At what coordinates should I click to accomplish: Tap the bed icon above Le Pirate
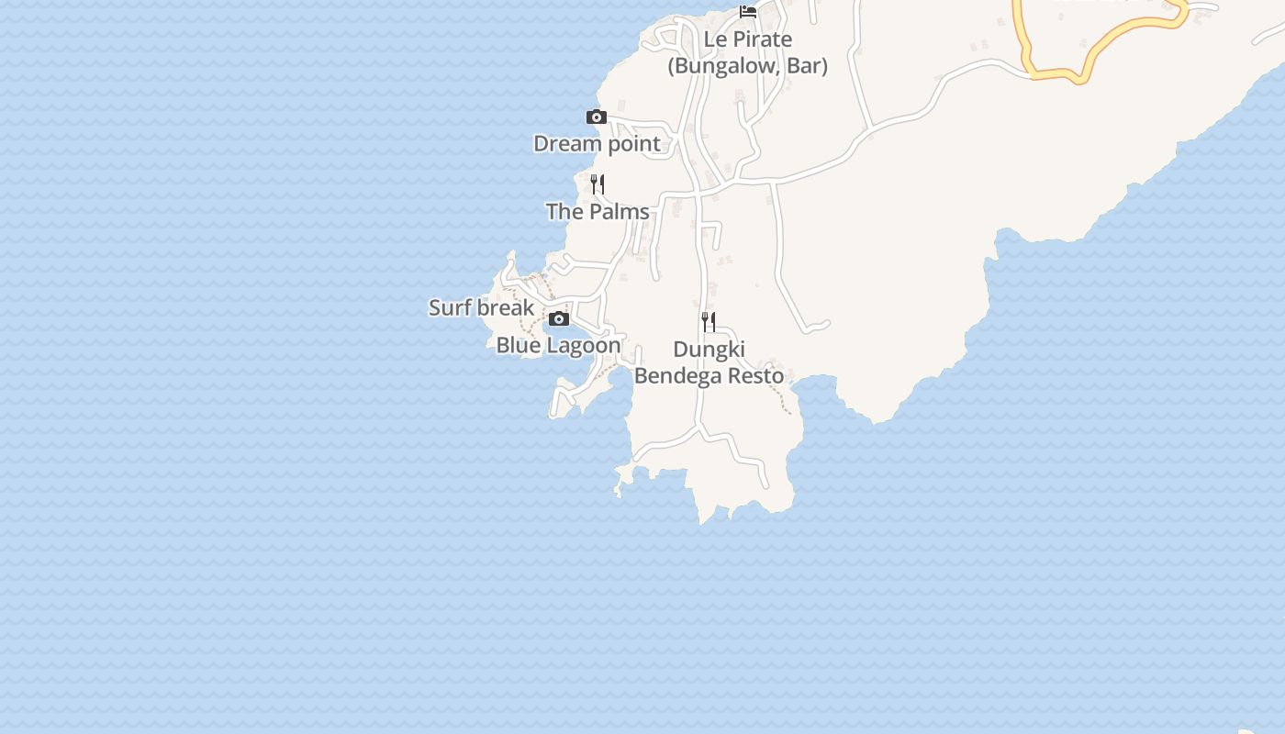(x=748, y=12)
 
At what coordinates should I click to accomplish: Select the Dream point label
(x=597, y=144)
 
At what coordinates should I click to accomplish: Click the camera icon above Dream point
(x=597, y=117)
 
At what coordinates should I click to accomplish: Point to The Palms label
(x=598, y=212)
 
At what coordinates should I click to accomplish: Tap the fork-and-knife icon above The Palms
(x=598, y=184)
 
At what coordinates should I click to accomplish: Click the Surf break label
(x=481, y=307)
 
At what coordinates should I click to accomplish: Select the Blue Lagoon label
(x=558, y=346)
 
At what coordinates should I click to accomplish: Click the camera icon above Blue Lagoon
(x=559, y=319)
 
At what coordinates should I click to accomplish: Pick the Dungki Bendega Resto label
(x=709, y=363)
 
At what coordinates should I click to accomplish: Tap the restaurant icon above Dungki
(x=709, y=322)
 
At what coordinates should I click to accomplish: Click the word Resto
(x=756, y=376)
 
